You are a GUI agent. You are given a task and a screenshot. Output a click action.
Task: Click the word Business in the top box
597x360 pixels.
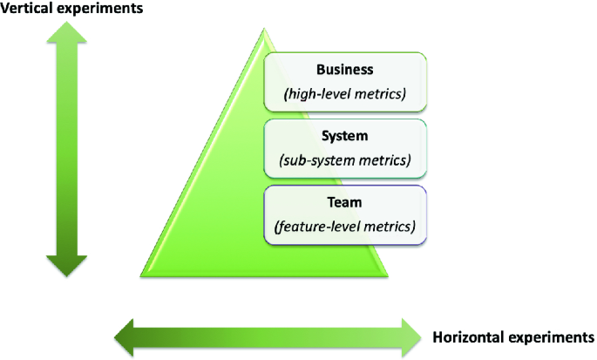pyautogui.click(x=344, y=69)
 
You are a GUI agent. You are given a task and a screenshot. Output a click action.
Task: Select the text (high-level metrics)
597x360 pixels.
pyautogui.click(x=344, y=92)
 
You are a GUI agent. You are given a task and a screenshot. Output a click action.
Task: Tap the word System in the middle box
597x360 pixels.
pyautogui.click(x=344, y=137)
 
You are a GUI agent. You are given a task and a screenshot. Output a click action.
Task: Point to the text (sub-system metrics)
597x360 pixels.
pyautogui.click(x=344, y=160)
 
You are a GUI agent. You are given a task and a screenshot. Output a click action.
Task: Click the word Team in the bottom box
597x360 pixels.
pyautogui.click(x=344, y=202)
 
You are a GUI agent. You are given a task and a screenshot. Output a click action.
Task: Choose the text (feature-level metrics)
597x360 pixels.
pyautogui.click(x=344, y=227)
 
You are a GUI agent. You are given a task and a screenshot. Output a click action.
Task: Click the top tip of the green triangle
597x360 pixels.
pyautogui.click(x=264, y=31)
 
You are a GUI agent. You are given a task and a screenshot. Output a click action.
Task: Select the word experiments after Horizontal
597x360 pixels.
pyautogui.click(x=553, y=336)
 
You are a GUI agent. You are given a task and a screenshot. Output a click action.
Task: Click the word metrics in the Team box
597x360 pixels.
pyautogui.click(x=389, y=227)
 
